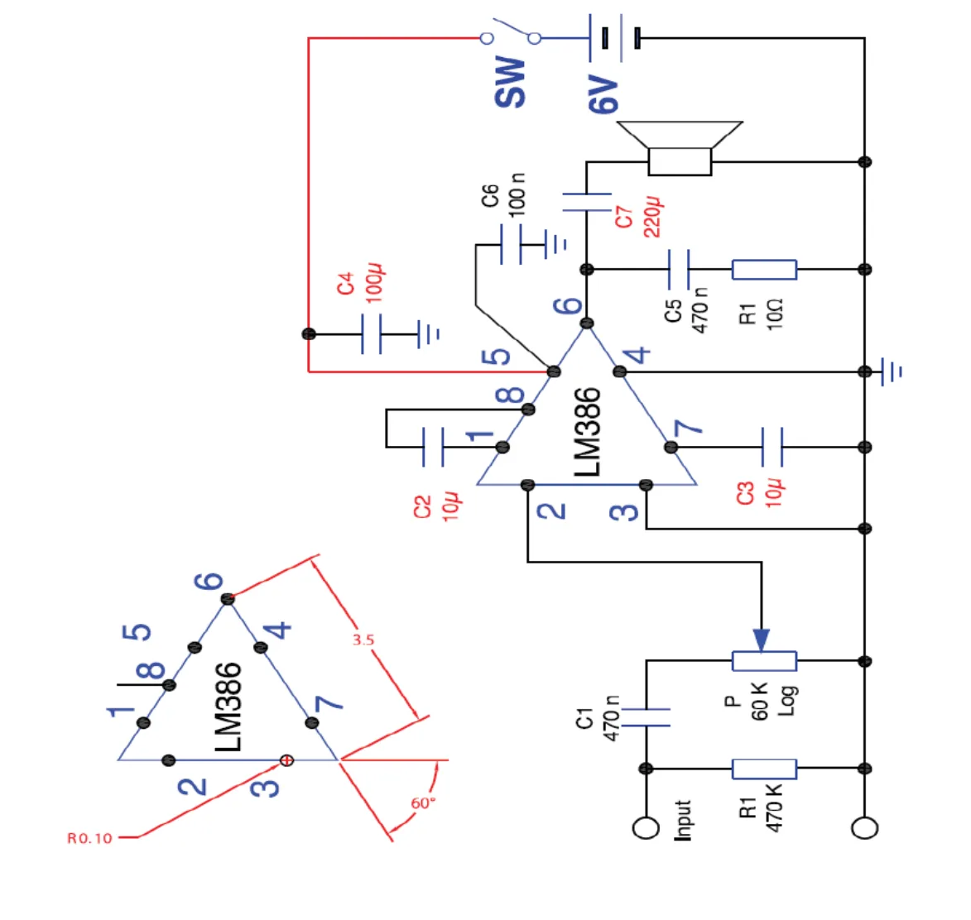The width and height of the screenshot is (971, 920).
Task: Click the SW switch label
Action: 510,82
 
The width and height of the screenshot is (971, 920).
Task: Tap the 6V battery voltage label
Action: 603,94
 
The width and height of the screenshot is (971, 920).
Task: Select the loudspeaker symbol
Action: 680,148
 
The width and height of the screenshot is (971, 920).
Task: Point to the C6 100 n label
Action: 502,195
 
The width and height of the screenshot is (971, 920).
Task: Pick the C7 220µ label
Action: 638,218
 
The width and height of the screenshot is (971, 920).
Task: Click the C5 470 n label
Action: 686,309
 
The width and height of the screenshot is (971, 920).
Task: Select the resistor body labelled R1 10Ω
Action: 764,270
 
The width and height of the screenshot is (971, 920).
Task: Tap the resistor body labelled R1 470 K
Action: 764,769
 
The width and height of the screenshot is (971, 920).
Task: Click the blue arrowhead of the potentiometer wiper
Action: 762,640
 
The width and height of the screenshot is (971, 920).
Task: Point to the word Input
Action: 682,821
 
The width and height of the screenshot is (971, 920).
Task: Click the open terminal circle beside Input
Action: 646,828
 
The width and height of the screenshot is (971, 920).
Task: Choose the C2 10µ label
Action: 437,507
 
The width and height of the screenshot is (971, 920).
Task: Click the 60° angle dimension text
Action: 423,803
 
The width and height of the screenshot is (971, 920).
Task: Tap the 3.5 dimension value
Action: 363,640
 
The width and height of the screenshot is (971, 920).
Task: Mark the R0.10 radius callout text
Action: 89,838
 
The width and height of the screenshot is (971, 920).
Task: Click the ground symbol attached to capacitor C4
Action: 429,334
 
